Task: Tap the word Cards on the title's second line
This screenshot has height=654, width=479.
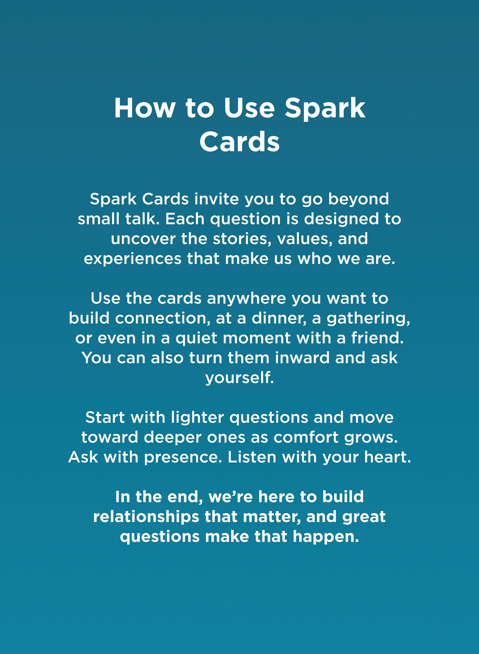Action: pos(239,142)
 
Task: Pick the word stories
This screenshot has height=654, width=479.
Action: pos(242,239)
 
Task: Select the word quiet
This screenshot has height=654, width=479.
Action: pos(196,338)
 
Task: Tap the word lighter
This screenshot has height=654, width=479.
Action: pos(197,418)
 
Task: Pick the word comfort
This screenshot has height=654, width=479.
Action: pos(306,438)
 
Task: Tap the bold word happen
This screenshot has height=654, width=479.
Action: pos(326,537)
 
